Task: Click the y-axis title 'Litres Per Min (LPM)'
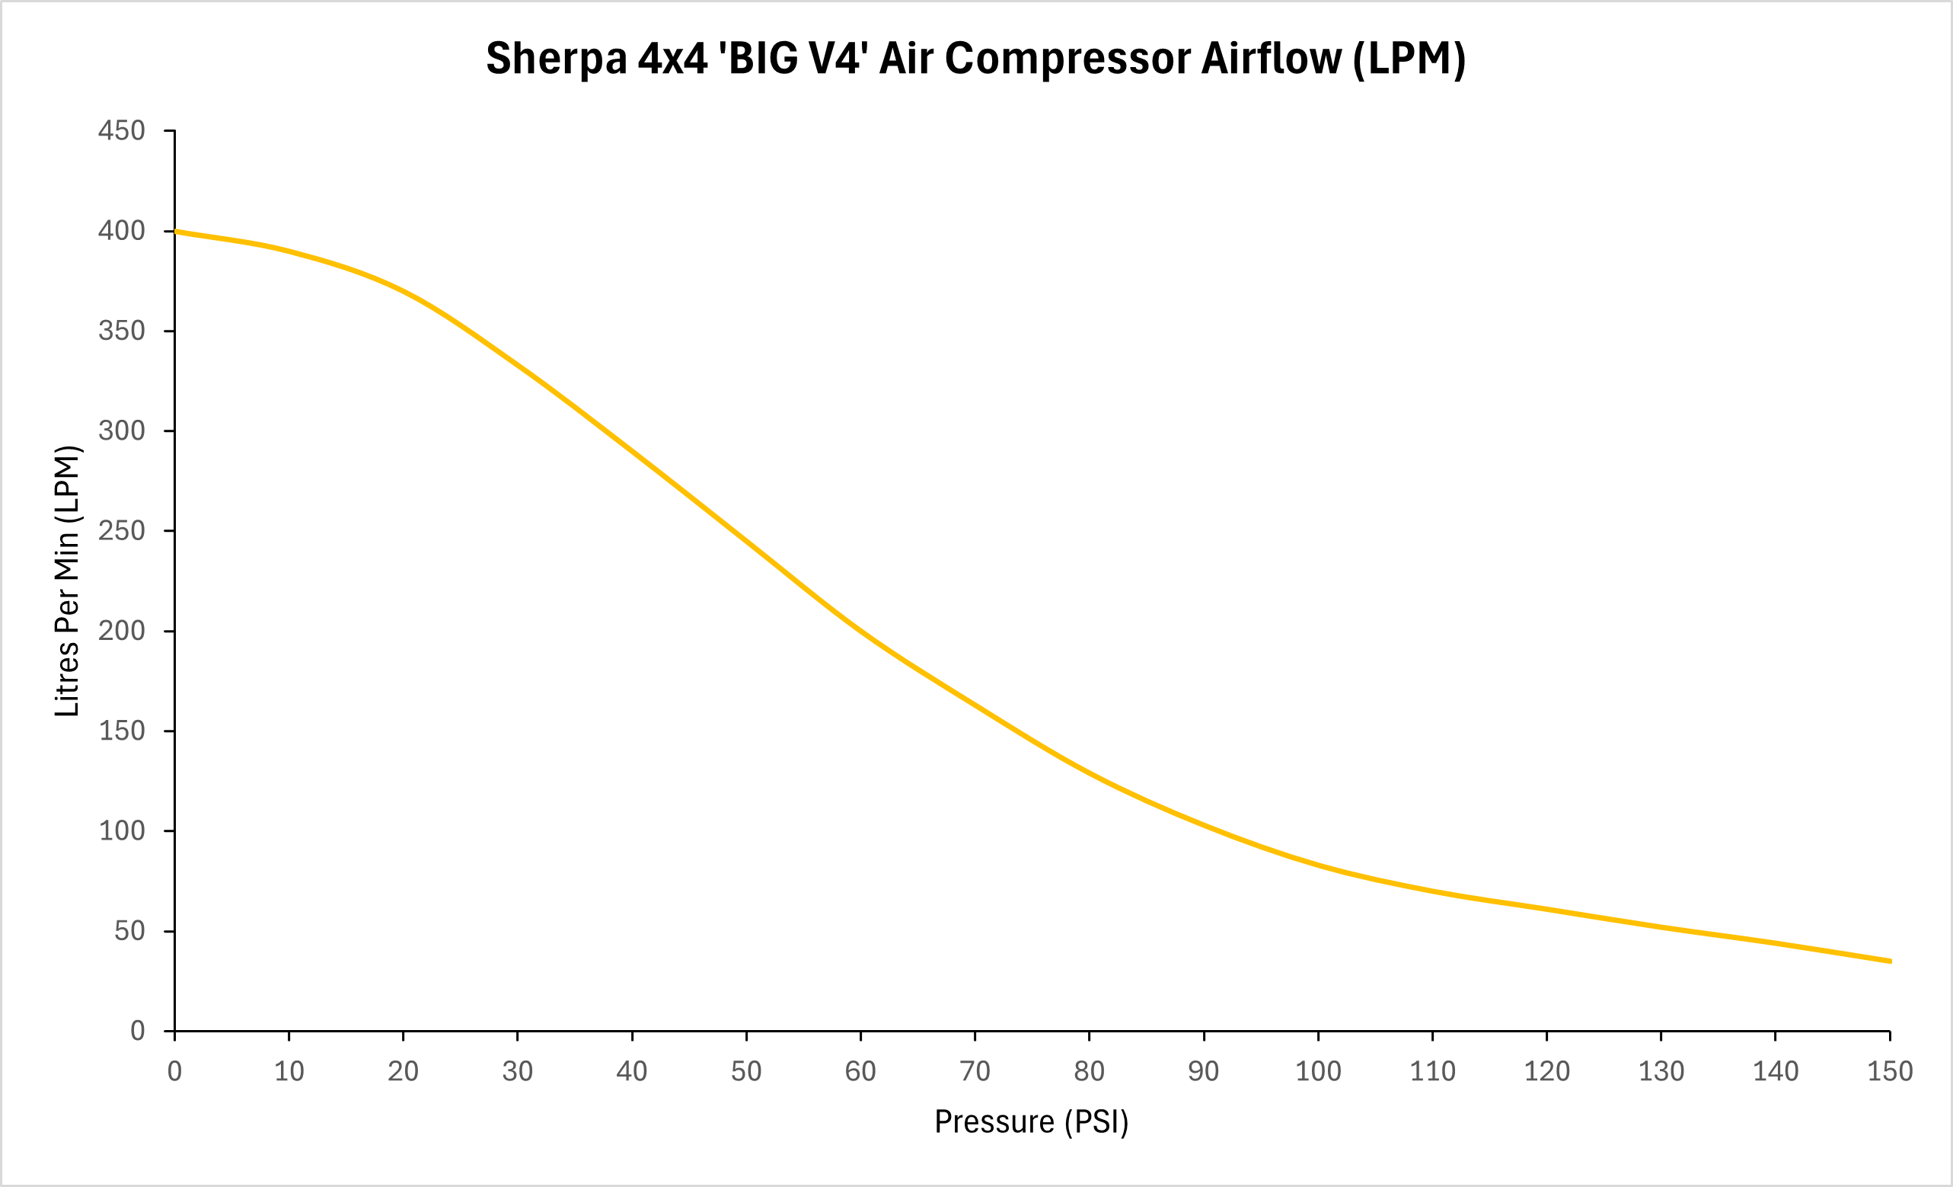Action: pyautogui.click(x=67, y=581)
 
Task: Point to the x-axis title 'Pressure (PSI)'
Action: pyautogui.click(x=1031, y=1122)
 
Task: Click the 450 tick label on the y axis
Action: pyautogui.click(x=122, y=131)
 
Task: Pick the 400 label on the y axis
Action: pyautogui.click(x=122, y=231)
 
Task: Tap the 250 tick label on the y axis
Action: pyautogui.click(x=122, y=530)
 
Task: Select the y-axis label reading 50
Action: pyautogui.click(x=130, y=931)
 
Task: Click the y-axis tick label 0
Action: pyautogui.click(x=138, y=1031)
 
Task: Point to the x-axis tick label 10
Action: pyautogui.click(x=289, y=1071)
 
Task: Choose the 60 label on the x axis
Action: pyautogui.click(x=861, y=1071)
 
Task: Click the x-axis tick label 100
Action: pyautogui.click(x=1318, y=1071)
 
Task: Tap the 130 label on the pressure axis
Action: pyautogui.click(x=1661, y=1071)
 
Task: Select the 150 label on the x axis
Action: pyautogui.click(x=1891, y=1071)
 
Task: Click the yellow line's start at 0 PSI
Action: pyautogui.click(x=175, y=232)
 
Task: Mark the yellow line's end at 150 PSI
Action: pyautogui.click(x=1891, y=961)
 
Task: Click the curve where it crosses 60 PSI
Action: pyautogui.click(x=861, y=631)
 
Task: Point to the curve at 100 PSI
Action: pyautogui.click(x=1318, y=865)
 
